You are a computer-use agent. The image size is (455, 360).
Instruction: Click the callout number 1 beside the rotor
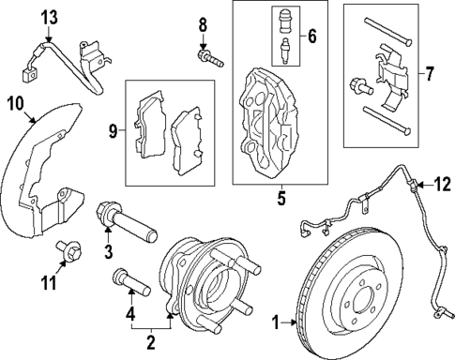(x=277, y=323)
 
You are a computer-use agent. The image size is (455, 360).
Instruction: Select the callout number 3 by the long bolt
(x=109, y=251)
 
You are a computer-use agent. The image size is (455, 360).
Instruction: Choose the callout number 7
(x=431, y=72)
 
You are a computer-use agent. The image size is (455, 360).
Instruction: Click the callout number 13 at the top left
(x=49, y=16)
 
